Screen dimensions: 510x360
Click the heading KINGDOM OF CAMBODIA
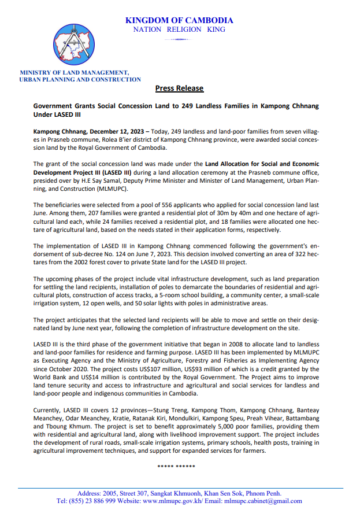179,20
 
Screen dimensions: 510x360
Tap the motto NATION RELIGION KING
179,29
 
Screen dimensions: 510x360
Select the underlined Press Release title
179,88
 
